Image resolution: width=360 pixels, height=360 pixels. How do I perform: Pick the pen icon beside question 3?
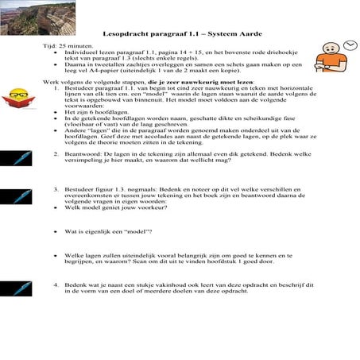[16, 197]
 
